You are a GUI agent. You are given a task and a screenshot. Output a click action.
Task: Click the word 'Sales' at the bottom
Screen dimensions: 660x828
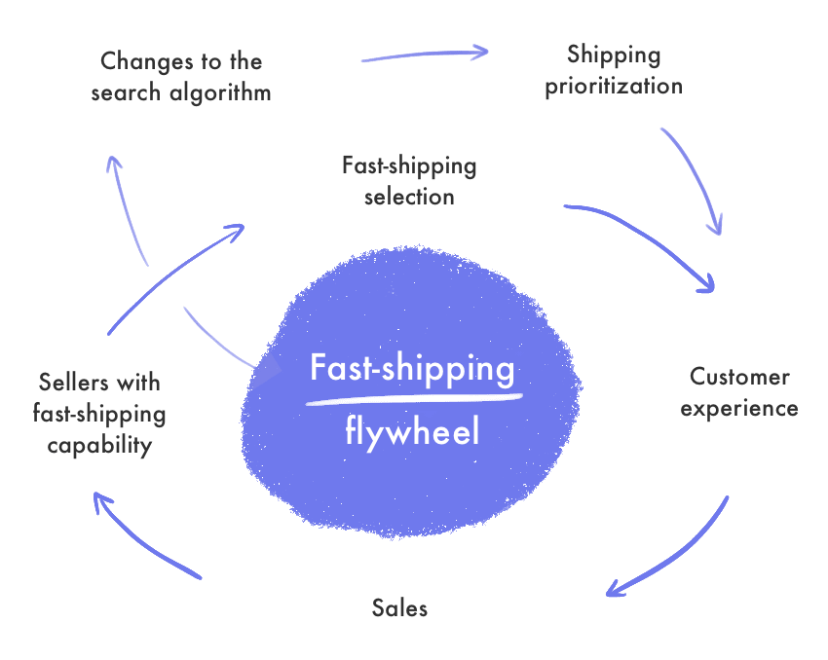[399, 609]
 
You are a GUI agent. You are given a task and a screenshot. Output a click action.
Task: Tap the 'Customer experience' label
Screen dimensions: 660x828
[739, 391]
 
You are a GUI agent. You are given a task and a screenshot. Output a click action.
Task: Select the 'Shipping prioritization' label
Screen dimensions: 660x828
[614, 69]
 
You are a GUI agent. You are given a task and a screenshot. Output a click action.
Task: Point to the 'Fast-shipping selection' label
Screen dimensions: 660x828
[409, 180]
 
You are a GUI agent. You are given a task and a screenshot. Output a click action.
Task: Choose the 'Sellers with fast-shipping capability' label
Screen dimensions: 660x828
[99, 413]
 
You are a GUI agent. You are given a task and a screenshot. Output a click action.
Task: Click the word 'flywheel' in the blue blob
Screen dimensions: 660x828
[412, 430]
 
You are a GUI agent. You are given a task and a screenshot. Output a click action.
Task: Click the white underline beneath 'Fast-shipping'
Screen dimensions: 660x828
[414, 397]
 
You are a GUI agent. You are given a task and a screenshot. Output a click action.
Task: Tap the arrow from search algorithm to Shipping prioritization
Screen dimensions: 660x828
[424, 55]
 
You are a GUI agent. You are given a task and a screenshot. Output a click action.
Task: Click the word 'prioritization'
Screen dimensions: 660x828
[614, 86]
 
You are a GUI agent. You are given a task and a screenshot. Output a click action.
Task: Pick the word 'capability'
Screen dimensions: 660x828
[99, 445]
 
